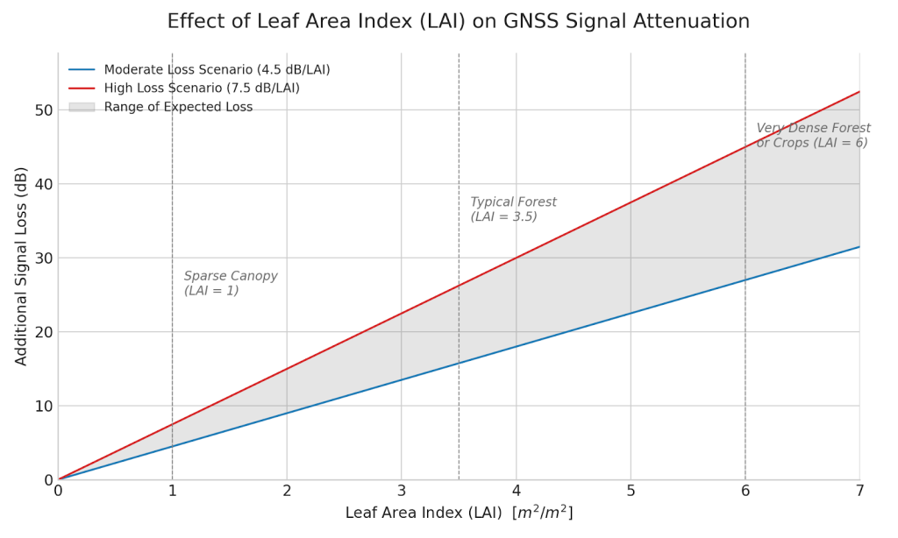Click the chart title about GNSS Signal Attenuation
(x=458, y=21)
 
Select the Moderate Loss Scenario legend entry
(x=217, y=69)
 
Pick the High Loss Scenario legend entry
(x=202, y=88)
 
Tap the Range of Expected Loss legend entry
(x=178, y=107)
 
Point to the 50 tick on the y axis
(x=43, y=110)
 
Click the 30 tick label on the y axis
(x=43, y=258)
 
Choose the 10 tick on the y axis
(x=43, y=407)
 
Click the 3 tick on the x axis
(x=402, y=491)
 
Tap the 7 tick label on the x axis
(x=859, y=491)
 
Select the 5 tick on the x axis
(x=631, y=491)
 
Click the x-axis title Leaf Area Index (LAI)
(x=458, y=513)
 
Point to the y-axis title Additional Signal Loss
(x=22, y=265)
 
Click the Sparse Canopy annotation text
(x=231, y=283)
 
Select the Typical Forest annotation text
(x=513, y=209)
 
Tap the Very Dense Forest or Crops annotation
(x=813, y=135)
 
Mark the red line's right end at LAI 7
(x=859, y=91)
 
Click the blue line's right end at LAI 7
(x=859, y=246)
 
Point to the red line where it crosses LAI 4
(x=516, y=258)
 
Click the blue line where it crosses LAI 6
(x=745, y=280)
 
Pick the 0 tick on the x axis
(x=59, y=491)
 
